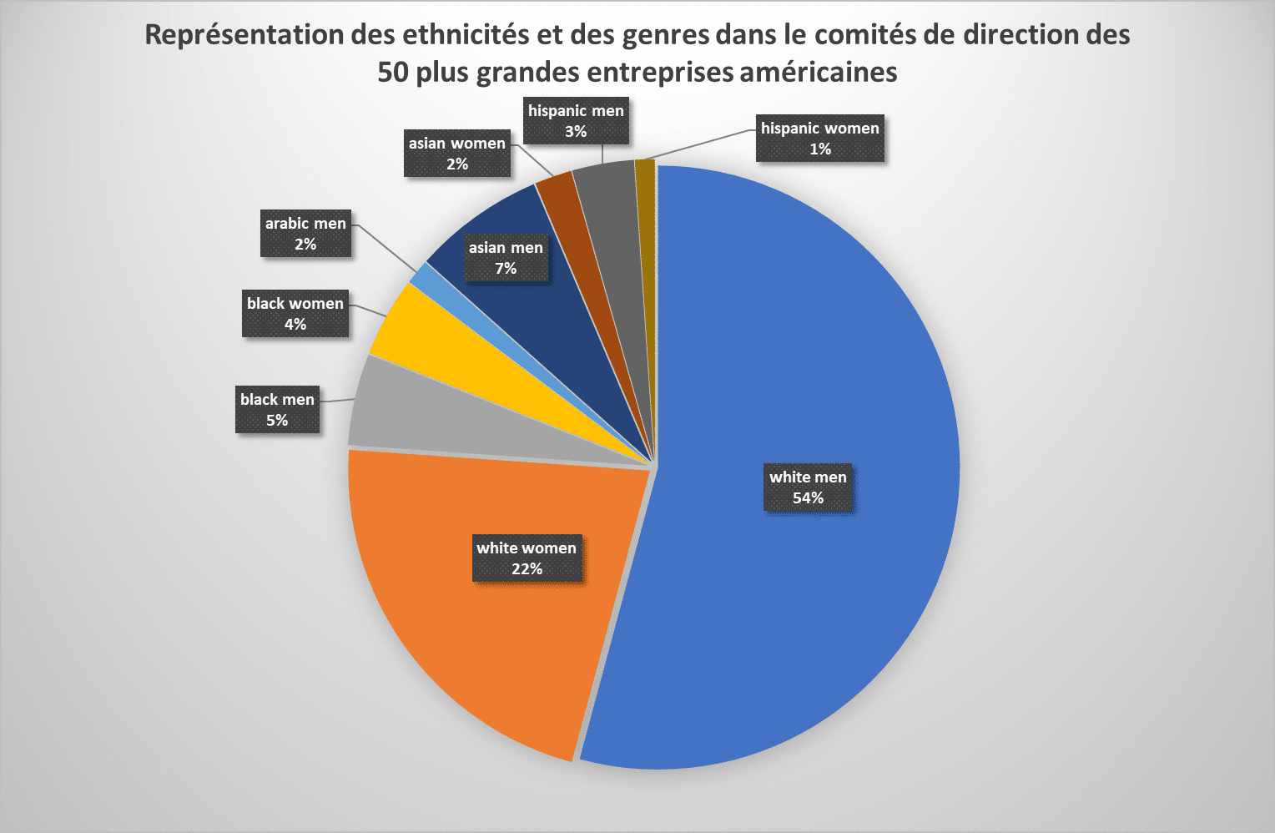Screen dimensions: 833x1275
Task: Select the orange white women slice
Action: [467, 634]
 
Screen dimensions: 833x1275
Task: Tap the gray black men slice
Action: [417, 417]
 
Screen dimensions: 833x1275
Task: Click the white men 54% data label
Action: [808, 487]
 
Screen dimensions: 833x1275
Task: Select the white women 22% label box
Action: [527, 558]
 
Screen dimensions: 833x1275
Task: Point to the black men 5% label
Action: [277, 410]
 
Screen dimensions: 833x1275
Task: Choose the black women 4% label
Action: [295, 314]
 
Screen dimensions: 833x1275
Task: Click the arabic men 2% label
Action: [305, 234]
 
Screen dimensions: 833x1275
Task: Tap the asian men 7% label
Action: [506, 258]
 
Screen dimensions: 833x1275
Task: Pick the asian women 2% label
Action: [457, 154]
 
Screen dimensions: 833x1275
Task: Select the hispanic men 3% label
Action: [576, 121]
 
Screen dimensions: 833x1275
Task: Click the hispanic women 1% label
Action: [820, 139]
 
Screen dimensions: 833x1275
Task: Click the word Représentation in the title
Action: [244, 35]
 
